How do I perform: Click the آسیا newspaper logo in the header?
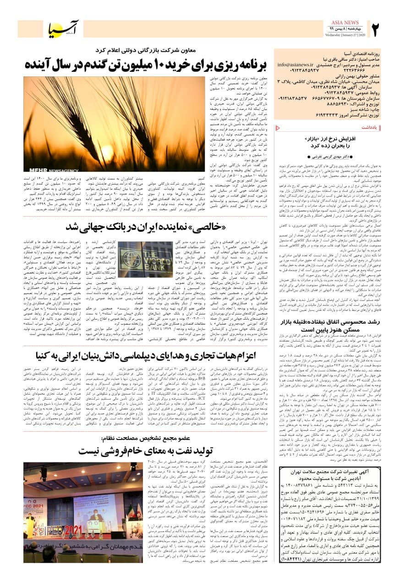tap(64, 29)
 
